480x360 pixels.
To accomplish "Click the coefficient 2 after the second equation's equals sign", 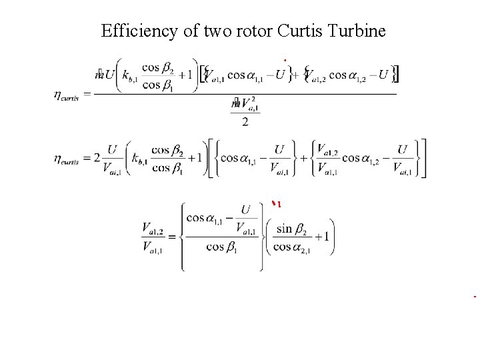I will point(97,159).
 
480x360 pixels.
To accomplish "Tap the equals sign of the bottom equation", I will point(171,238).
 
